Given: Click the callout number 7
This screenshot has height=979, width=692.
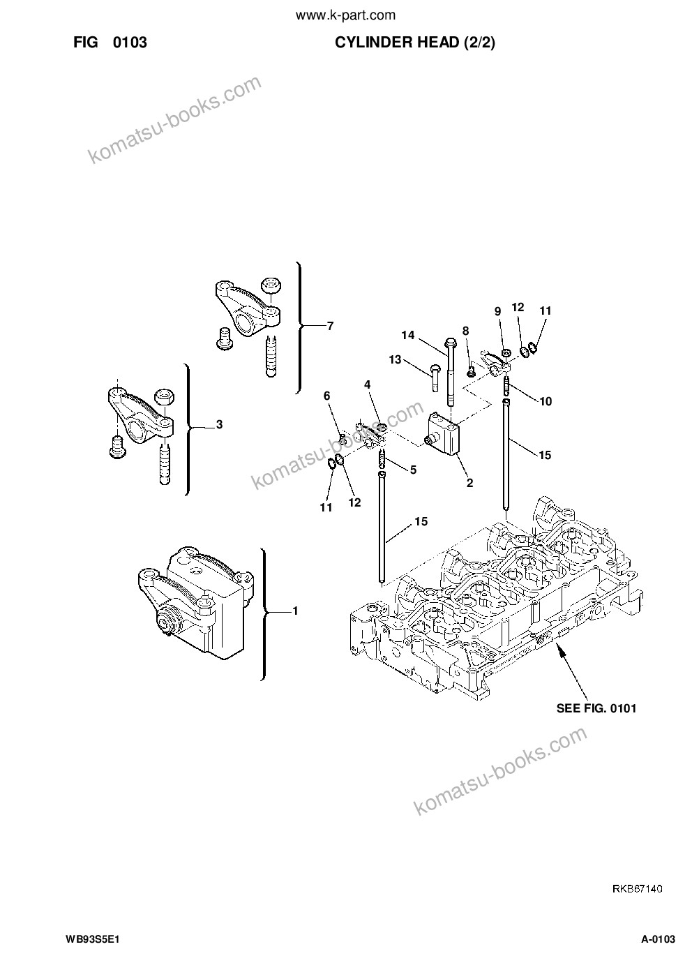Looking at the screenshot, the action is [330, 326].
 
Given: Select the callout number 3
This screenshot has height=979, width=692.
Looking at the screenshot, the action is [219, 424].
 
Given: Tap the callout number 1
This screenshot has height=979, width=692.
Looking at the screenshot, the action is [295, 611].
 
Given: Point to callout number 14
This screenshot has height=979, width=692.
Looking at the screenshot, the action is [407, 335].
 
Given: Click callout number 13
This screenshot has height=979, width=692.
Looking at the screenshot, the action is [395, 359].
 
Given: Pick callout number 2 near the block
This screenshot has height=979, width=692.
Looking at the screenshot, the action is [469, 483].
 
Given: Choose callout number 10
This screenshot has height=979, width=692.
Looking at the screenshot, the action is [546, 401].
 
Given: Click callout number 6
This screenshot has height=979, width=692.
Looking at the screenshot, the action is [326, 396].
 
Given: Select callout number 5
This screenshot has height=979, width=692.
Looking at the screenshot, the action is [413, 470].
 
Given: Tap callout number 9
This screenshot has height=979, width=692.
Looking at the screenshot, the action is [497, 311].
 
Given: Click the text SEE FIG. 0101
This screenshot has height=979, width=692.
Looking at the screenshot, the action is [596, 708].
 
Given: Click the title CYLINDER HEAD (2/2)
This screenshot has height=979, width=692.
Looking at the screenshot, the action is [415, 43].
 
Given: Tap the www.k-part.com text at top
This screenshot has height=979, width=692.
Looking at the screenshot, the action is [345, 16].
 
